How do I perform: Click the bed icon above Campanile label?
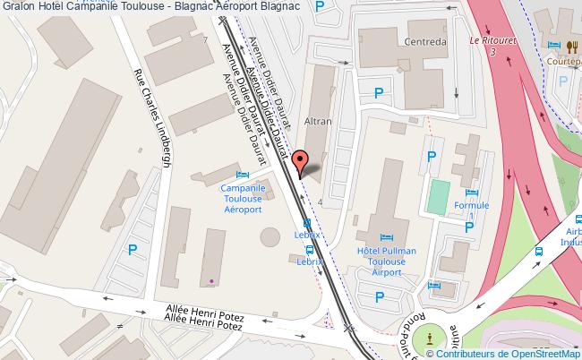click(241, 174)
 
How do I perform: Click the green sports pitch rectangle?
click(437, 197)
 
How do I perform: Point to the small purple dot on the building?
click(211, 282)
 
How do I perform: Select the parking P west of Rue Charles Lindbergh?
click(133, 251)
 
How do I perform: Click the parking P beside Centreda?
click(380, 92)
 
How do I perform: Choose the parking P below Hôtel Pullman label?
click(380, 296)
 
